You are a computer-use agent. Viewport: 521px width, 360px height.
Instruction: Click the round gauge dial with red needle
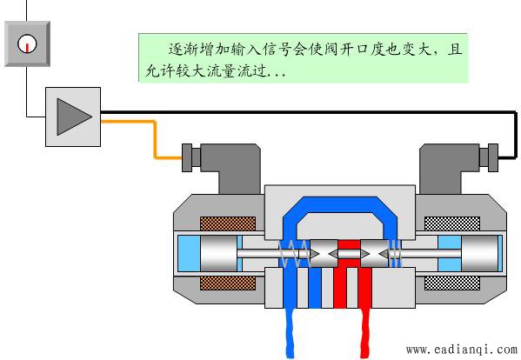[x=27, y=43]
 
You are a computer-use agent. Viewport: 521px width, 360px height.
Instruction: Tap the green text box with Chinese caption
[x=303, y=57]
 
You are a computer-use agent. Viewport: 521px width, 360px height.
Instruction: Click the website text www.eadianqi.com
[x=462, y=350]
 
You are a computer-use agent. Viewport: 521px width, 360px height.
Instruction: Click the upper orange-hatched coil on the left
[x=228, y=223]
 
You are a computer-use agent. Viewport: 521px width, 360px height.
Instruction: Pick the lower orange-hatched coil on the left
[x=228, y=283]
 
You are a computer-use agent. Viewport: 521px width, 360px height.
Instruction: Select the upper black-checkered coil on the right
[x=452, y=223]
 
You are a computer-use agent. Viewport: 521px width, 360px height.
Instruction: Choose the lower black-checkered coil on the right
[x=452, y=283]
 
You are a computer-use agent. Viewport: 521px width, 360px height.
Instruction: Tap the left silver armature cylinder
[x=219, y=254]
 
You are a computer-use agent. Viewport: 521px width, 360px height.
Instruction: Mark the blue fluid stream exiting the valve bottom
[x=290, y=333]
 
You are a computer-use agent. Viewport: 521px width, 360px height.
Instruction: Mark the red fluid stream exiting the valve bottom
[x=365, y=333]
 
